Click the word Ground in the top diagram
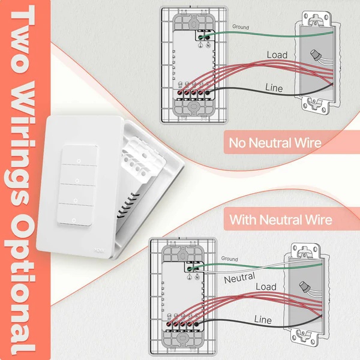click(240, 28)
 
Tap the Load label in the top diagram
click(277, 55)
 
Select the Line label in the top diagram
click(274, 88)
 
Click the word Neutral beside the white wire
click(239, 279)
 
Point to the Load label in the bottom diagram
click(266, 287)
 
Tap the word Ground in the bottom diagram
click(230, 259)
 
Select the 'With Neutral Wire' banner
click(279, 220)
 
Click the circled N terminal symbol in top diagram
click(208, 44)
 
